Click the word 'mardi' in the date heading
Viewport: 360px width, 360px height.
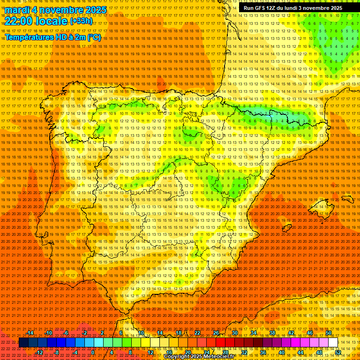(x=17, y=10)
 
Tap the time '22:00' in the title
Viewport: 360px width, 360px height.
(x=20, y=21)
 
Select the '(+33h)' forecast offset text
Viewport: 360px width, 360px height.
(x=81, y=21)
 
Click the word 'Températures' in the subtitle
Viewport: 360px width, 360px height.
(x=30, y=37)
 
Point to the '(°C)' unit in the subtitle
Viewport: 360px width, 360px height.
(x=94, y=37)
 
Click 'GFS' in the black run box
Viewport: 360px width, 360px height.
(x=260, y=8)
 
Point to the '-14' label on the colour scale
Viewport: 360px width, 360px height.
(x=30, y=333)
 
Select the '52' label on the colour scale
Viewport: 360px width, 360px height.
(x=338, y=352)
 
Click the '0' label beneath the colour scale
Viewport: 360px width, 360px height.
(x=93, y=352)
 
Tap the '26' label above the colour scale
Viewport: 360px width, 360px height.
(x=216, y=333)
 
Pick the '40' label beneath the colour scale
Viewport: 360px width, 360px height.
(x=281, y=352)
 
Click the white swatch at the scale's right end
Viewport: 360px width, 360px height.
(x=333, y=343)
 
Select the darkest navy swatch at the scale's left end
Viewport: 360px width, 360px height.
(x=23, y=343)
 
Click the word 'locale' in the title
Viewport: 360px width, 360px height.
(x=51, y=21)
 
